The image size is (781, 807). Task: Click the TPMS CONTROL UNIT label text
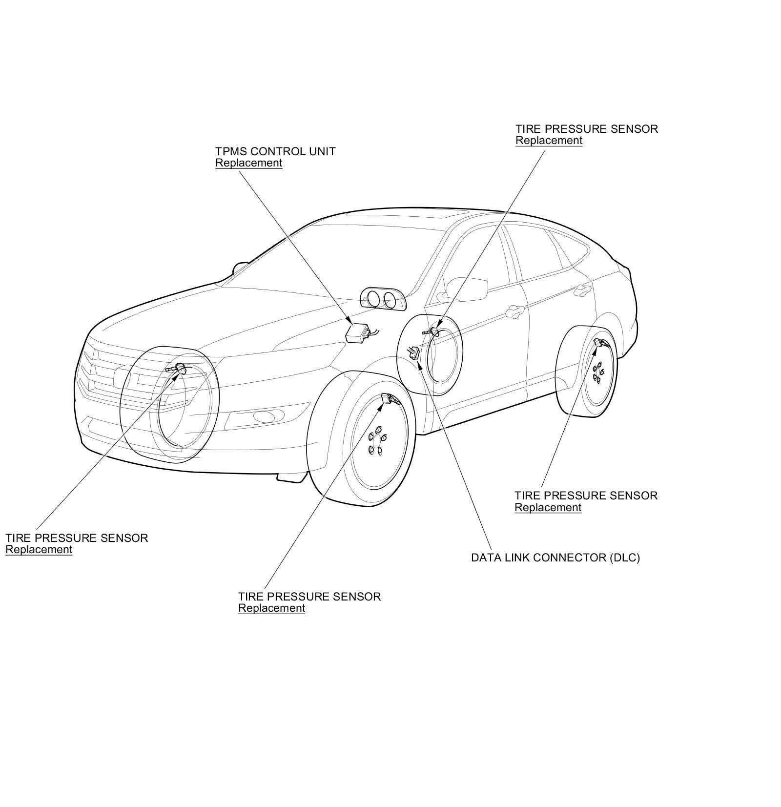[275, 151]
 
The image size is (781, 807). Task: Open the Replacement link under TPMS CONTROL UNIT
[249, 163]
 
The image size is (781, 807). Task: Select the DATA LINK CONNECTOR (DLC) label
[555, 558]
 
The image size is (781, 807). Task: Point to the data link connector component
[415, 352]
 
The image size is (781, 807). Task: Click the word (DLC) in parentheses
[624, 558]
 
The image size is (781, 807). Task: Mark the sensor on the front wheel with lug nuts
[390, 400]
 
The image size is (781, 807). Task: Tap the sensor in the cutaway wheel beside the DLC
[432, 332]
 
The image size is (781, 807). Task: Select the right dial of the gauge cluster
[390, 299]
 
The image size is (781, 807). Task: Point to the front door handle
[514, 310]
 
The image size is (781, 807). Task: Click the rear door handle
[580, 290]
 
